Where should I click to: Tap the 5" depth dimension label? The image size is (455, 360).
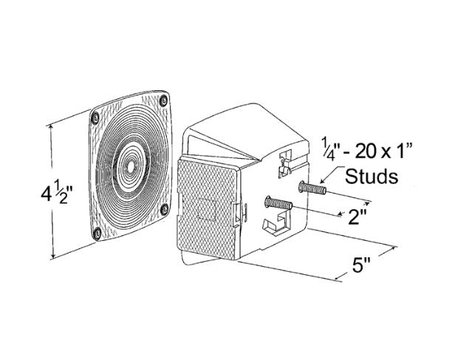tap(362, 265)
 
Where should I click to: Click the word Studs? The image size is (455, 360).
tap(372, 176)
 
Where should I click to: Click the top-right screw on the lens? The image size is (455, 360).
tap(164, 101)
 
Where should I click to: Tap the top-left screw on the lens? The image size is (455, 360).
tap(95, 118)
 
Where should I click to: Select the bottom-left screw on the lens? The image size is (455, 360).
tap(97, 233)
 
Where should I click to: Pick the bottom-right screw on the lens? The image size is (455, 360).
tap(165, 208)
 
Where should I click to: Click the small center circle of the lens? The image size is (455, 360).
tap(130, 167)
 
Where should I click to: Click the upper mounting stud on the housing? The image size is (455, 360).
tap(312, 188)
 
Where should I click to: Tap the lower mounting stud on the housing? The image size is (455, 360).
tap(278, 203)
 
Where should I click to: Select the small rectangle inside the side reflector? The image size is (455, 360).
tap(206, 209)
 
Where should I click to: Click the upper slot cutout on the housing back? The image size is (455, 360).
tap(286, 163)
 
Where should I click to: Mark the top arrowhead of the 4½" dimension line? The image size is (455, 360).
tap(52, 126)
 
